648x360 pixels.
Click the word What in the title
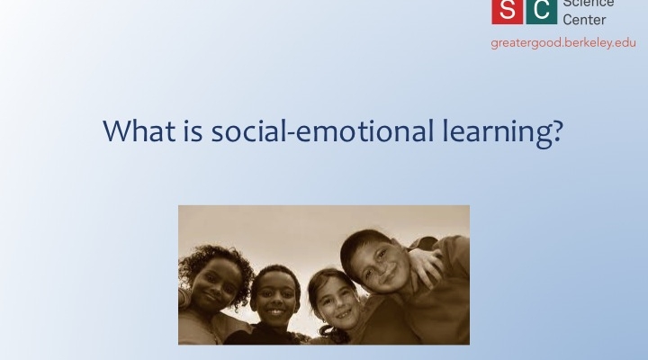click(139, 130)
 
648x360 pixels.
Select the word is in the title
click(193, 130)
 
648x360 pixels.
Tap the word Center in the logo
click(584, 20)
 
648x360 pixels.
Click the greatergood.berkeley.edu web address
click(563, 43)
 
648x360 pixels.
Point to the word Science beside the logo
click(589, 4)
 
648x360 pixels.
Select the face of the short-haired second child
click(274, 299)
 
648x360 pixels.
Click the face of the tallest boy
click(380, 268)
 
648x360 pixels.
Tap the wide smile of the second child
click(274, 312)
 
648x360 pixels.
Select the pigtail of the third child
click(334, 334)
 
